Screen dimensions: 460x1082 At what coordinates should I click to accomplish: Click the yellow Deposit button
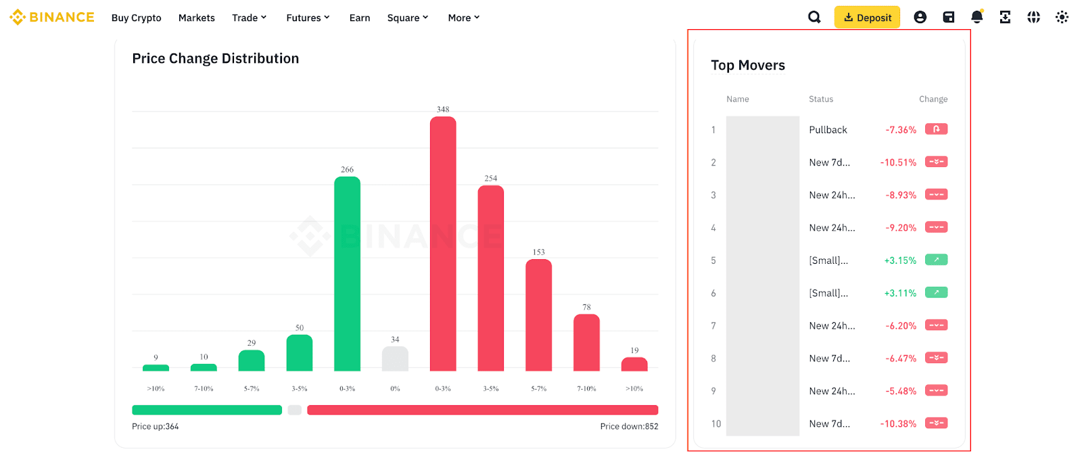coord(867,18)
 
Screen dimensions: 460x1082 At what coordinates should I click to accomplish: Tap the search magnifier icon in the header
coord(814,18)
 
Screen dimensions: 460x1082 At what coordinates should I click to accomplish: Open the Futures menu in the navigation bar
coord(308,18)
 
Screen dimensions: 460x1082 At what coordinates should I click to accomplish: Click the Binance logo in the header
coord(52,17)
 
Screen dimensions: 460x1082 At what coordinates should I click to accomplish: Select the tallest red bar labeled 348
coord(443,244)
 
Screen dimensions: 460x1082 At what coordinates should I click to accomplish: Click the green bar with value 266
coord(347,274)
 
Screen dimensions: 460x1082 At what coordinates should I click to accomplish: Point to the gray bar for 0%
coord(395,359)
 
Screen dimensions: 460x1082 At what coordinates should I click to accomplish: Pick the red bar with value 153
coord(538,315)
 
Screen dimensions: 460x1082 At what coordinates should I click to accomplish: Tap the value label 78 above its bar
coord(586,307)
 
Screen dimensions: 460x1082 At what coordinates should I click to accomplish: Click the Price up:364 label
coord(156,427)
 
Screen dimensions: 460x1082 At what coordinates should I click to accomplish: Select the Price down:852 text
coord(629,427)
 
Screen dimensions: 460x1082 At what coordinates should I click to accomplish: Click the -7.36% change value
coord(901,130)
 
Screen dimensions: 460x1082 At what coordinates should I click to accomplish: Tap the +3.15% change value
coord(900,260)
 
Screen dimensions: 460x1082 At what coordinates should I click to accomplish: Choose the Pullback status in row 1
coord(828,130)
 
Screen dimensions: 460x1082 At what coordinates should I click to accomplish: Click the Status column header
coord(821,99)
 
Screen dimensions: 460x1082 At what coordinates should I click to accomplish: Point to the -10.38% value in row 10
coord(898,424)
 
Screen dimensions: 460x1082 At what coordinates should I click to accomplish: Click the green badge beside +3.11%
coord(936,293)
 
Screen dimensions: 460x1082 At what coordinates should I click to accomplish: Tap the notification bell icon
coord(977,18)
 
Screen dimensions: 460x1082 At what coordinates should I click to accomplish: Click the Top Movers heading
coord(748,66)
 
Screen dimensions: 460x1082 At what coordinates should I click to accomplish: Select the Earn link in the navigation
coord(360,18)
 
